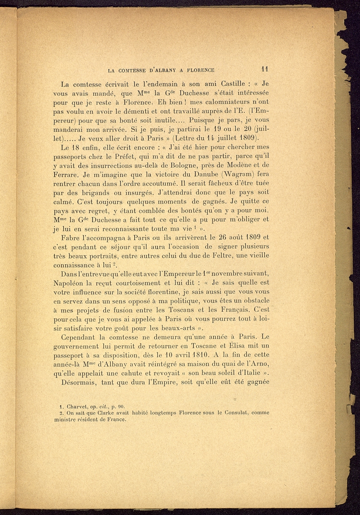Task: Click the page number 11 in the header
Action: point(265,70)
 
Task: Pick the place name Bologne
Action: point(185,165)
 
